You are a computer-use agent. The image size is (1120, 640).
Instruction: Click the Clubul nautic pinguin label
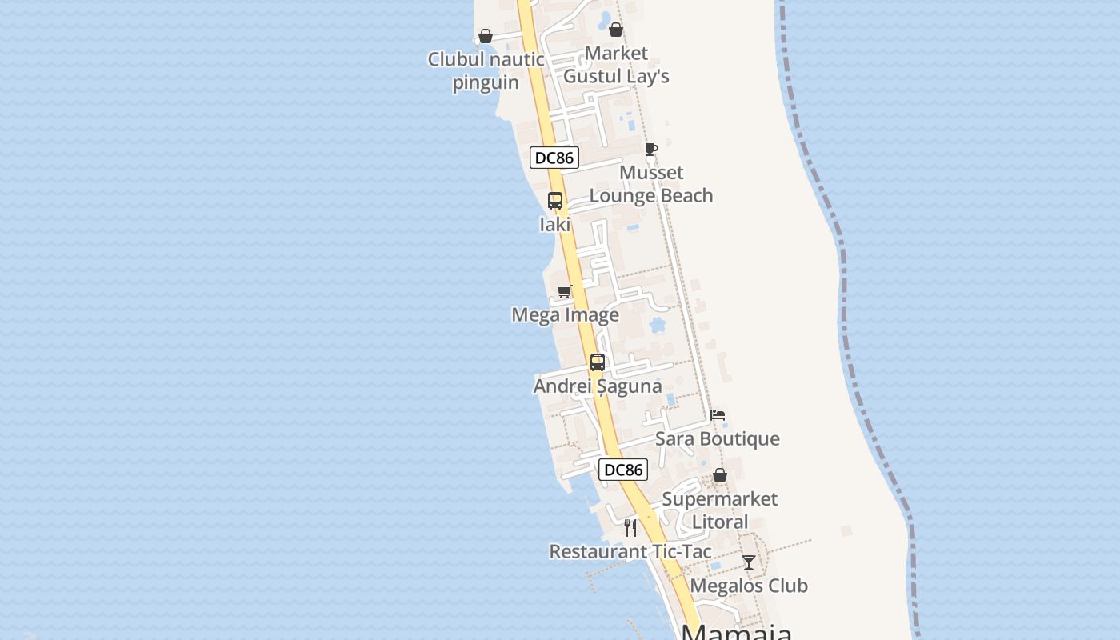(x=486, y=70)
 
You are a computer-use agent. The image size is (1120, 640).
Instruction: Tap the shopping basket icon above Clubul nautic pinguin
(x=486, y=36)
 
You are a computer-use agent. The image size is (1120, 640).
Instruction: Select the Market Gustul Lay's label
(x=616, y=65)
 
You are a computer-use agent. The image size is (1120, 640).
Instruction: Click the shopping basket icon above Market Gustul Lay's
(x=616, y=30)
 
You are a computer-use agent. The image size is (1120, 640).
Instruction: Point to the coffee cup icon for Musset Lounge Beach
(x=651, y=149)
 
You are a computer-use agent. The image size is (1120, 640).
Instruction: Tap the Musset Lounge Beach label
(x=651, y=184)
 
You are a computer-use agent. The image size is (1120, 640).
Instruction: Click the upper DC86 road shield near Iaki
(x=554, y=158)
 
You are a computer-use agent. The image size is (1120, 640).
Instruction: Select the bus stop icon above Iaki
(x=555, y=201)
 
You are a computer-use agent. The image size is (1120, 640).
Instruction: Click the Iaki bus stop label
(x=555, y=225)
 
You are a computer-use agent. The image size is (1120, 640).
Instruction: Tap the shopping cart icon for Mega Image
(x=565, y=291)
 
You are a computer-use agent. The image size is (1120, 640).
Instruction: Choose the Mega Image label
(x=565, y=315)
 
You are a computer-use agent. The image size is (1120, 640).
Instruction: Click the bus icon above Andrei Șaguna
(x=598, y=362)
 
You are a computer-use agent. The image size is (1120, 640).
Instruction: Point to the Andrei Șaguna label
(x=598, y=386)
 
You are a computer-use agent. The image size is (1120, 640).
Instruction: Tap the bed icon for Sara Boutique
(x=718, y=415)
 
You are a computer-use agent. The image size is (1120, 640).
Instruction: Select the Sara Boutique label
(x=718, y=439)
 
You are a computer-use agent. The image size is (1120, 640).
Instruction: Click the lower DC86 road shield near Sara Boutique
(x=623, y=470)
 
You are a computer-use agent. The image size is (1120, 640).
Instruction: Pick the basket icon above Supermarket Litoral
(x=720, y=475)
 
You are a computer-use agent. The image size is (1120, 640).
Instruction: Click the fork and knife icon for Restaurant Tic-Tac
(x=630, y=528)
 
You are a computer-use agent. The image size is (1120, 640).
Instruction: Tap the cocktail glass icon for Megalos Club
(x=749, y=562)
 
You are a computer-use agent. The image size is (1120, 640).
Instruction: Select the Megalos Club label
(x=749, y=586)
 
